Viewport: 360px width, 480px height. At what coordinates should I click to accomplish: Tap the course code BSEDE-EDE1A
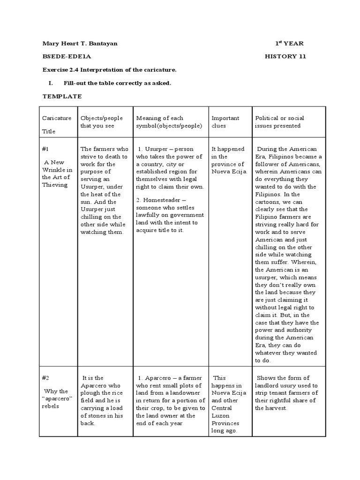coord(66,57)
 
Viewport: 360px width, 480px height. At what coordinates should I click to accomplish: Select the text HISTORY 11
coord(285,57)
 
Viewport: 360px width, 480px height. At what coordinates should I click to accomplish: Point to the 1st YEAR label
coord(289,44)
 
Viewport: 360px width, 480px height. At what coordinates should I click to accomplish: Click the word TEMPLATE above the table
coord(62,96)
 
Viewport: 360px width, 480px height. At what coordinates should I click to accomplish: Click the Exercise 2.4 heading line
coord(109,70)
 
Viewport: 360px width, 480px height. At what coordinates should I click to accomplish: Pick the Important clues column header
coord(225,122)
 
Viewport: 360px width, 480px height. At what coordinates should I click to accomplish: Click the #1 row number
coord(45,149)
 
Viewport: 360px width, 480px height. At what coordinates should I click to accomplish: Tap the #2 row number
coord(45,378)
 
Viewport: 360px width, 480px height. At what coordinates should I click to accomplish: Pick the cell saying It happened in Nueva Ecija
coord(227,160)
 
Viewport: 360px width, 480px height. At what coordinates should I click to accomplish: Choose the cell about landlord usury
coord(286,393)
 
